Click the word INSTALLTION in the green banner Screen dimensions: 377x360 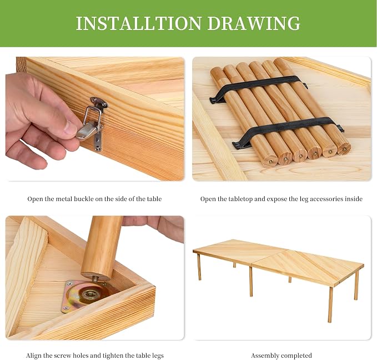[x=139, y=23]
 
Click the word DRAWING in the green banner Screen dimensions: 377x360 [x=254, y=23]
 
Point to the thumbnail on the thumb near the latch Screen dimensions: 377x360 [x=71, y=128]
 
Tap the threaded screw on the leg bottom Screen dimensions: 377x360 [x=95, y=279]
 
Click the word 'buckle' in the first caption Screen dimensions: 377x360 [x=84, y=199]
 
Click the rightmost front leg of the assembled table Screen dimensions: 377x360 [x=330, y=304]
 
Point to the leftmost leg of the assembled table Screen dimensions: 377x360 [x=199, y=267]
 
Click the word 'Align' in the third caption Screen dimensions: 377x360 [x=33, y=356]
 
